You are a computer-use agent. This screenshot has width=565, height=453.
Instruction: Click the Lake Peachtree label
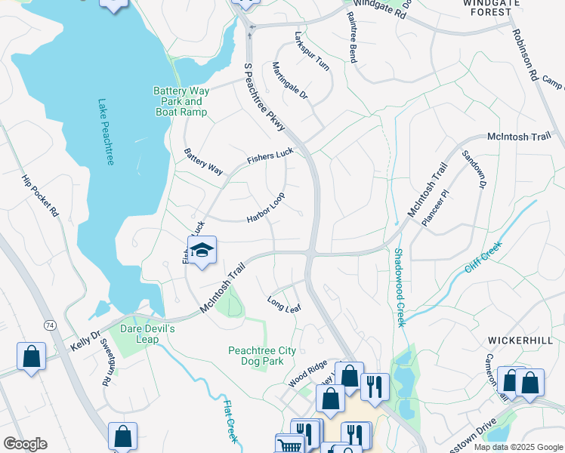(x=106, y=133)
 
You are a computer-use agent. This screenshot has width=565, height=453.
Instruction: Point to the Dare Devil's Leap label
(x=148, y=334)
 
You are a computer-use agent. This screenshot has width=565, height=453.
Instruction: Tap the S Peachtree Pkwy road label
(x=264, y=97)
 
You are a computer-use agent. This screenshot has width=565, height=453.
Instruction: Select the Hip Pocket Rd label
(x=40, y=197)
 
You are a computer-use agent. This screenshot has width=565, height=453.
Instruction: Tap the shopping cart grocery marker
(x=289, y=445)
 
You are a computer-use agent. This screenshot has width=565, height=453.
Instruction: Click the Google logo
(x=25, y=444)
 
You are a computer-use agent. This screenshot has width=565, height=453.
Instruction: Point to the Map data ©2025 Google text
(x=518, y=447)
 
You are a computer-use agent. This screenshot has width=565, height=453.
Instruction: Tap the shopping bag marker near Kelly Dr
(x=31, y=357)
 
